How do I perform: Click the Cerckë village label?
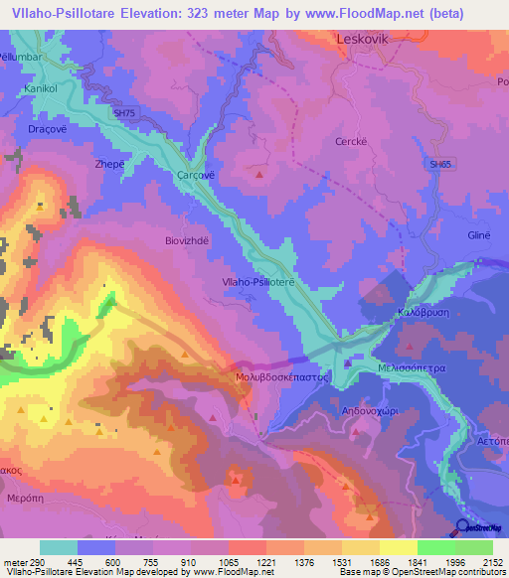pyautogui.click(x=353, y=140)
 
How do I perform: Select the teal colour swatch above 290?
pyautogui.click(x=59, y=547)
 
